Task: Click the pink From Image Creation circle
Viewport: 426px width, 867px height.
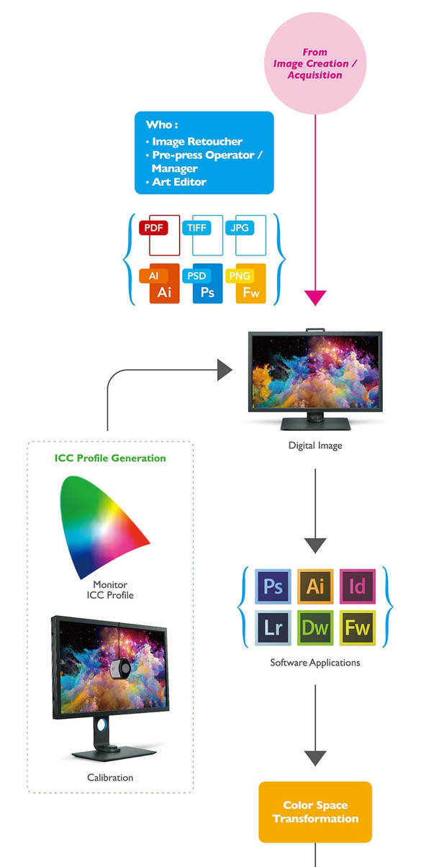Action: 315,63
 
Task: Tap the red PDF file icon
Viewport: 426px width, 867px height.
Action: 159,235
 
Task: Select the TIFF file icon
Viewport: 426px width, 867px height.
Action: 202,235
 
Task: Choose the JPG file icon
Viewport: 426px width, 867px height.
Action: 245,235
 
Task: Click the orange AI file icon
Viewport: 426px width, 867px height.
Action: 159,283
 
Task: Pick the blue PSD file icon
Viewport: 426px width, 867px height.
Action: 202,283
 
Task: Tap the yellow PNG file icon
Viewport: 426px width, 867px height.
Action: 245,283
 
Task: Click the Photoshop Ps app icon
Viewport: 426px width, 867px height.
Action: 273,586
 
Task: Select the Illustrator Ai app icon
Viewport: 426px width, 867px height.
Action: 315,586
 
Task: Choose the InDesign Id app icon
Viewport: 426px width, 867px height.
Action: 358,586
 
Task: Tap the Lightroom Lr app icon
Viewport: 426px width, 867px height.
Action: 273,628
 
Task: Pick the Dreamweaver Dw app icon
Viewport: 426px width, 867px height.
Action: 315,628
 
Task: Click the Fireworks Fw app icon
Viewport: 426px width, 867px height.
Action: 358,628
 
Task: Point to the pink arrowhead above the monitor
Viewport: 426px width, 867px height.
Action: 315,298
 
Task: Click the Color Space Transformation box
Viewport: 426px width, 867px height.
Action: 315,812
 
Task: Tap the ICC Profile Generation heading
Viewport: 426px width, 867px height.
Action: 110,458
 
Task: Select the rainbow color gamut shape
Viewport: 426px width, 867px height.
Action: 104,527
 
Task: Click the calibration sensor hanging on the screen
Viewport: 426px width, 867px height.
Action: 120,668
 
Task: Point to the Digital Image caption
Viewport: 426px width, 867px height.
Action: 315,445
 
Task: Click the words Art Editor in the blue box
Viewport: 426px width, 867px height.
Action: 179,182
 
